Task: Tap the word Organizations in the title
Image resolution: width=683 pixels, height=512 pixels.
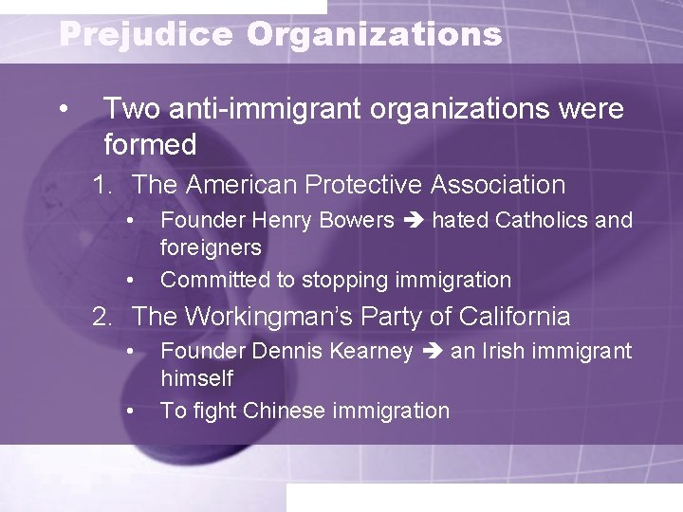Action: tap(374, 35)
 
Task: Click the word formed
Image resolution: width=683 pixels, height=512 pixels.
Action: tap(150, 145)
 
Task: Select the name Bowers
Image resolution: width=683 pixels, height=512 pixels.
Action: tap(358, 220)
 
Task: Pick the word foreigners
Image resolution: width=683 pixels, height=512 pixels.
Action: tap(211, 247)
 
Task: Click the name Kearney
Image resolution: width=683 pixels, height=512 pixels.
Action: tap(371, 351)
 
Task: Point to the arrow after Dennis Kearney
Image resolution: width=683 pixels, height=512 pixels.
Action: tap(432, 352)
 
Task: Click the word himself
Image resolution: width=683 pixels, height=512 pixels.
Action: tap(196, 378)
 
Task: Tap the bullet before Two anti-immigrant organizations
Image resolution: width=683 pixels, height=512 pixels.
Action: tap(63, 110)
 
